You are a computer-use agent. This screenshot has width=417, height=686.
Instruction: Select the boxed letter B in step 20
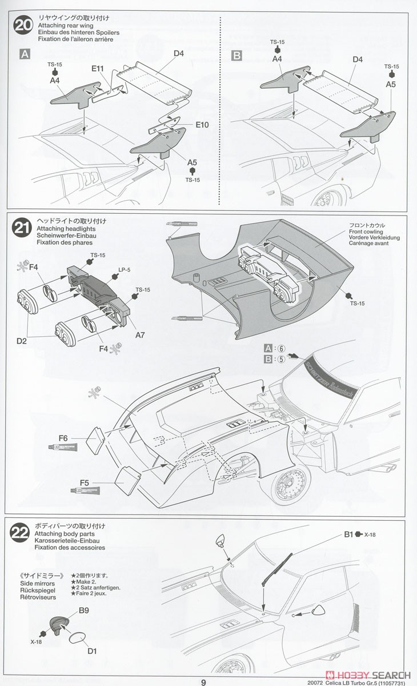pyautogui.click(x=236, y=55)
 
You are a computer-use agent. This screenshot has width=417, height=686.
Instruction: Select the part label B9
pyautogui.click(x=84, y=610)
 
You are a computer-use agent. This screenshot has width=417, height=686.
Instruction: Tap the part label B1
pyautogui.click(x=349, y=535)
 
